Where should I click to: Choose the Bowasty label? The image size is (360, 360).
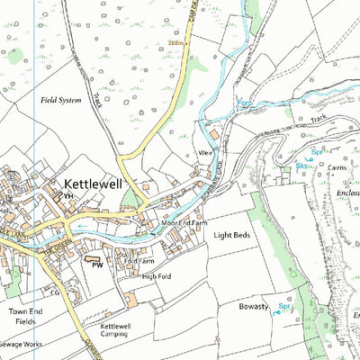pyautogui.click(x=254, y=307)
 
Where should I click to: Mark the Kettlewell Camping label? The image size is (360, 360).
pyautogui.click(x=119, y=330)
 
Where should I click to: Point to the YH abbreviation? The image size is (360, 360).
pyautogui.click(x=67, y=195)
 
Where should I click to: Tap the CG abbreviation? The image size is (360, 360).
pyautogui.click(x=54, y=292)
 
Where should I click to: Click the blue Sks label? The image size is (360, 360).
pyautogui.click(x=302, y=167)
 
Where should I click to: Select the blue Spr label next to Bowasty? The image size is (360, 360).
pyautogui.click(x=284, y=307)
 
